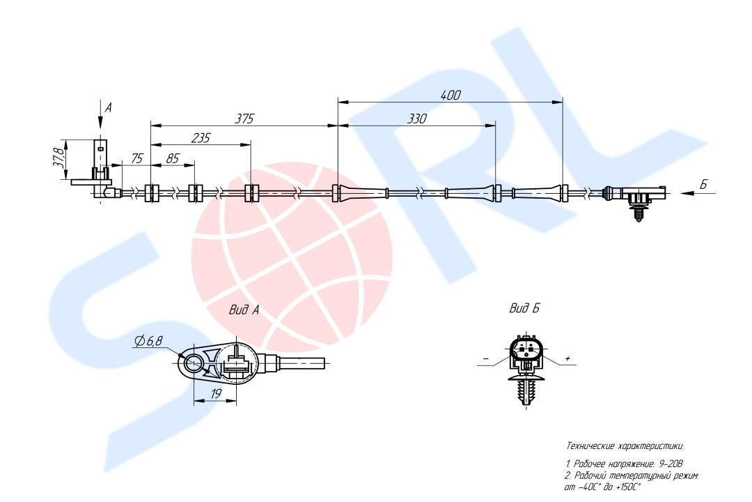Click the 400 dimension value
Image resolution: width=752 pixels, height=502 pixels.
451,95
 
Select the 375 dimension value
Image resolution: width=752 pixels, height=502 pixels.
244,119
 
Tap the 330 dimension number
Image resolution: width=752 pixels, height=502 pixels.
416,119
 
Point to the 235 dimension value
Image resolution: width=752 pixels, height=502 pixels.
201,138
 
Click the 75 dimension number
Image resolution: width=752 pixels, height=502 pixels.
136,158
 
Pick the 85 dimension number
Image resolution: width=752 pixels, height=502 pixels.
172,158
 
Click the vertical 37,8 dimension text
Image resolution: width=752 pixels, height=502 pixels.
58,158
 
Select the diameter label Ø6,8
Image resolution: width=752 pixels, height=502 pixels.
148,341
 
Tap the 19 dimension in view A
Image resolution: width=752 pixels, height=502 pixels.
216,394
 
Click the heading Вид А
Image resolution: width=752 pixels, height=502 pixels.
244,310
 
